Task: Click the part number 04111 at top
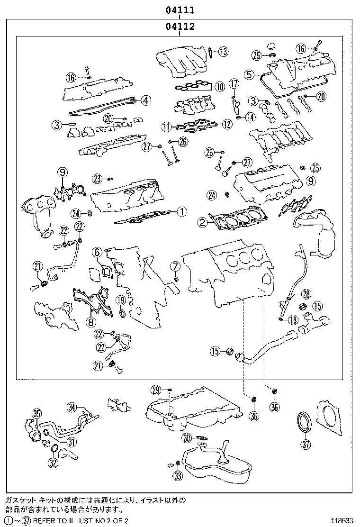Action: pyautogui.click(x=180, y=10)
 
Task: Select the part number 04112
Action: pyautogui.click(x=180, y=26)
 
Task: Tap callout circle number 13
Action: pyautogui.click(x=223, y=52)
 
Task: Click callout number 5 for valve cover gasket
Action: pyautogui.click(x=249, y=74)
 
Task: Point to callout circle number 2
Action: pyautogui.click(x=203, y=222)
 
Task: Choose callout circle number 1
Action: pyautogui.click(x=181, y=211)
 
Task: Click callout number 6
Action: pyautogui.click(x=96, y=251)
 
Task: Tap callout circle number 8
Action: pyautogui.click(x=90, y=322)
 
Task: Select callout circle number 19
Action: pyautogui.click(x=121, y=300)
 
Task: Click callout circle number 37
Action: pyautogui.click(x=305, y=445)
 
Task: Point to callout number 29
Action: pyautogui.click(x=156, y=390)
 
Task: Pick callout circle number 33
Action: pyautogui.click(x=178, y=475)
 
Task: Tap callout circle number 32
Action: pyautogui.click(x=53, y=463)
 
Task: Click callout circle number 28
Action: pyautogui.click(x=306, y=294)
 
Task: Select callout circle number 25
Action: pyautogui.click(x=257, y=55)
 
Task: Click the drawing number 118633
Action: pyautogui.click(x=342, y=521)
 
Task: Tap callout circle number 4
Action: pyautogui.click(x=146, y=100)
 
